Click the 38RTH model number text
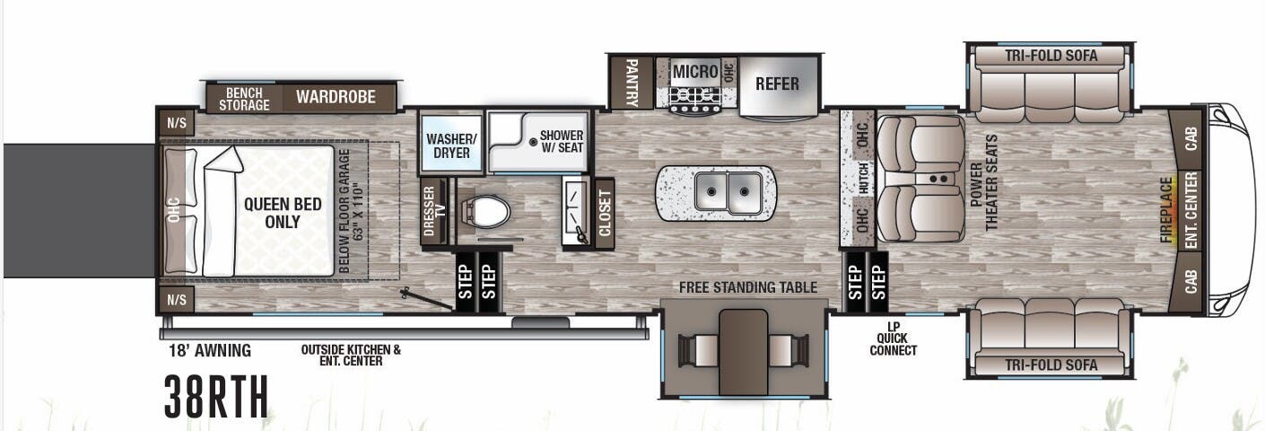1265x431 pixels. point(216,396)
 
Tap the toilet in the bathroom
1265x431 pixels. point(487,212)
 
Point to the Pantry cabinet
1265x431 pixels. point(632,83)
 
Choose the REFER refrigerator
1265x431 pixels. point(777,84)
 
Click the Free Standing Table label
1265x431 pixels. point(747,287)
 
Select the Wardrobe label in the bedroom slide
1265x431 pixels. point(336,97)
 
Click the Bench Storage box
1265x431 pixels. point(244,98)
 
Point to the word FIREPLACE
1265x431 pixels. point(1166,210)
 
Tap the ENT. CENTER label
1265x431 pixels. point(1191,209)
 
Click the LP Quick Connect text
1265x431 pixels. point(893,339)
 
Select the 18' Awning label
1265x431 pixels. point(209,350)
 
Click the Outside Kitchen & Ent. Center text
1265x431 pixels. point(350,355)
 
